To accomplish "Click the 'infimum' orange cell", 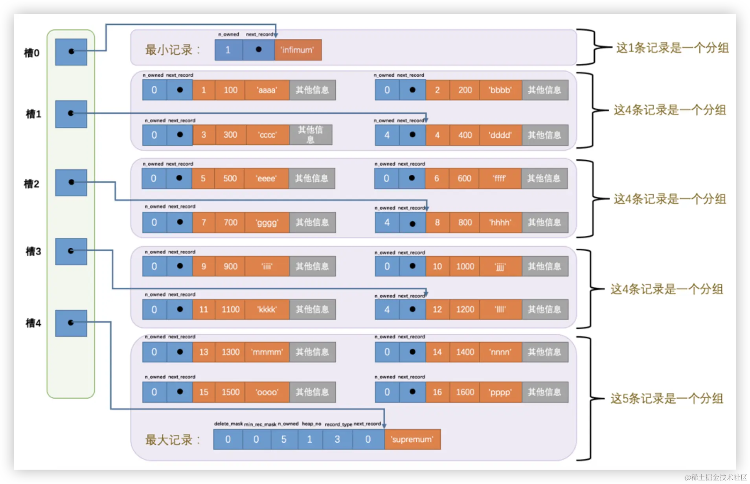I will pyautogui.click(x=298, y=50).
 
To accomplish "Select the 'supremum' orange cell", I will pyautogui.click(x=412, y=439).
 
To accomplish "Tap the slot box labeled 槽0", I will pyautogui.click(x=71, y=52).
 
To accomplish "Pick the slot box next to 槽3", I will pyautogui.click(x=71, y=251).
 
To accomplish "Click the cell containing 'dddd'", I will pyautogui.click(x=500, y=135).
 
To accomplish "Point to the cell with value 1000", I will pyautogui.click(x=465, y=266).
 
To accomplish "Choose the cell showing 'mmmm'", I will pyautogui.click(x=267, y=352).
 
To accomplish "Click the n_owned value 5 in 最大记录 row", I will pyautogui.click(x=284, y=439).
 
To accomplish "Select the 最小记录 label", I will pyautogui.click(x=173, y=50).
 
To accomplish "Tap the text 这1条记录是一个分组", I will pyautogui.click(x=672, y=48).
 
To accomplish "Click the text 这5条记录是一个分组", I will pyautogui.click(x=667, y=399).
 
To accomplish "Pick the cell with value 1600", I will pyautogui.click(x=465, y=392).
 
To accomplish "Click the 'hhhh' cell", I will pyautogui.click(x=500, y=222).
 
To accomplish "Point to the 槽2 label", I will pyautogui.click(x=31, y=184).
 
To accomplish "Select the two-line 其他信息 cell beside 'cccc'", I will pyautogui.click(x=311, y=135).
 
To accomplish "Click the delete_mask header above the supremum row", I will pyautogui.click(x=228, y=424).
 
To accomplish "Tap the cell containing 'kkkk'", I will pyautogui.click(x=267, y=309).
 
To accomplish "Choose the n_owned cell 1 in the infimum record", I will pyautogui.click(x=228, y=50).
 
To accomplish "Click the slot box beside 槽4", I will pyautogui.click(x=71, y=323).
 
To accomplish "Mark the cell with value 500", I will pyautogui.click(x=230, y=178).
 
